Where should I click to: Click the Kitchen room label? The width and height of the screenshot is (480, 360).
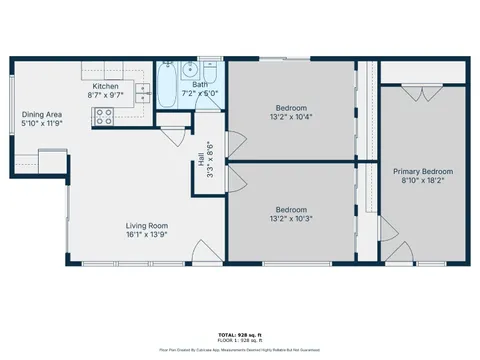107,87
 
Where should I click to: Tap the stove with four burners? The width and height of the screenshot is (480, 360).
103,117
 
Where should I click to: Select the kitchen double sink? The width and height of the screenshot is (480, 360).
143,94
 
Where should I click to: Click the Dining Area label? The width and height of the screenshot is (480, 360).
41,115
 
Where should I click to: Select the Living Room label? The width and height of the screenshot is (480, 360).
145,225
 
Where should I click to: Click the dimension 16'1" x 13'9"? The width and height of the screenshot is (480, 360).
145,235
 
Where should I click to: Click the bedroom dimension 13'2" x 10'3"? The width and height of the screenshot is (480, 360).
290,219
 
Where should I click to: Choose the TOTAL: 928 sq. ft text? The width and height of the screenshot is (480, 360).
240,335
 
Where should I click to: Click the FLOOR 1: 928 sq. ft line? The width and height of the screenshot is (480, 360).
240,341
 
